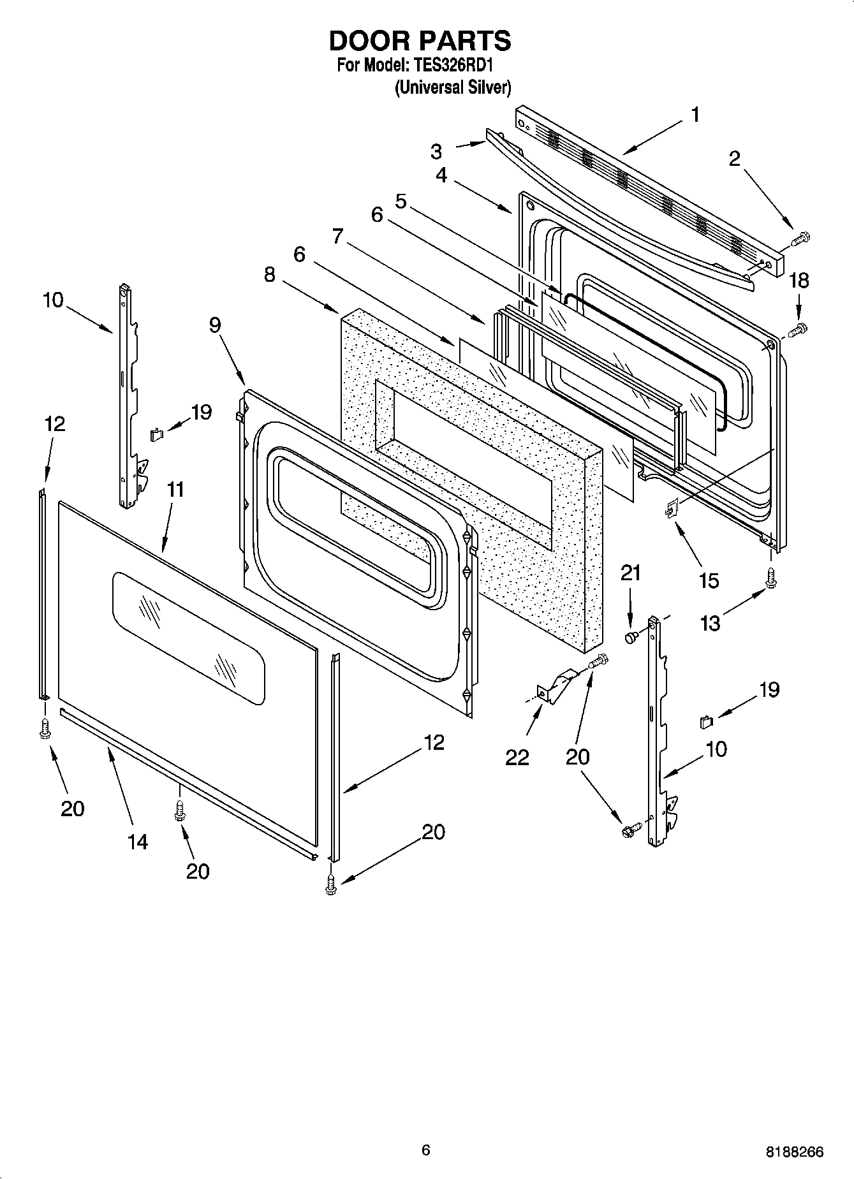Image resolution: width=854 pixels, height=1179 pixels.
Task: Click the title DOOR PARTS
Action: pos(420,41)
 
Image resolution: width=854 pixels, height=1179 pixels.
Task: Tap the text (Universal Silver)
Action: pos(453,87)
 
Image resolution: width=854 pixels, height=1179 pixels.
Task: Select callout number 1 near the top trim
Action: pos(695,115)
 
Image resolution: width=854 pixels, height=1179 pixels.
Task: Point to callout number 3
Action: pos(436,151)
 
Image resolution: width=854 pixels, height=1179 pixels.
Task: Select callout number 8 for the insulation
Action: pos(270,275)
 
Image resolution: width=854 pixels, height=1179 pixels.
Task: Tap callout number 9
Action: pos(215,325)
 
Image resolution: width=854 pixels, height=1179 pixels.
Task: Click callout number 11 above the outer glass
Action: pos(175,490)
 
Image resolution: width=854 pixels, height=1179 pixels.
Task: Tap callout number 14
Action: pos(137,842)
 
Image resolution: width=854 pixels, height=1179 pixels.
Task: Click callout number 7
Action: pos(338,237)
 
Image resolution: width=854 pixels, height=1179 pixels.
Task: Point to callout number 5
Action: pos(401,201)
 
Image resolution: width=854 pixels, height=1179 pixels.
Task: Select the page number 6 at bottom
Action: pos(426,1150)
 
